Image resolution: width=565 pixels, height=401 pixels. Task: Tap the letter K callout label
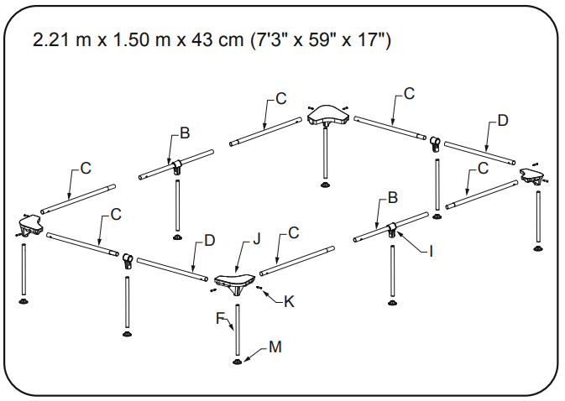[289, 300]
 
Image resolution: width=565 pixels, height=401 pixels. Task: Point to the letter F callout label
[220, 318]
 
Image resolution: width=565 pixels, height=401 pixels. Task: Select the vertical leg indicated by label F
[238, 331]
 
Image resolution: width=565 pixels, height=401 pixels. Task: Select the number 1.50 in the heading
[133, 40]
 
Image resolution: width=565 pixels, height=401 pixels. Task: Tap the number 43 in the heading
[205, 40]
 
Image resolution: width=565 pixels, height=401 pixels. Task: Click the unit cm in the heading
[232, 40]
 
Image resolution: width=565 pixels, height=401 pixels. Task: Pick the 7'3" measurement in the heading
[272, 40]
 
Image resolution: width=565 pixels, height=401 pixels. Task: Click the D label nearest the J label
[210, 240]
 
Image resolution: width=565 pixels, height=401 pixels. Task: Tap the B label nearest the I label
[391, 199]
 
